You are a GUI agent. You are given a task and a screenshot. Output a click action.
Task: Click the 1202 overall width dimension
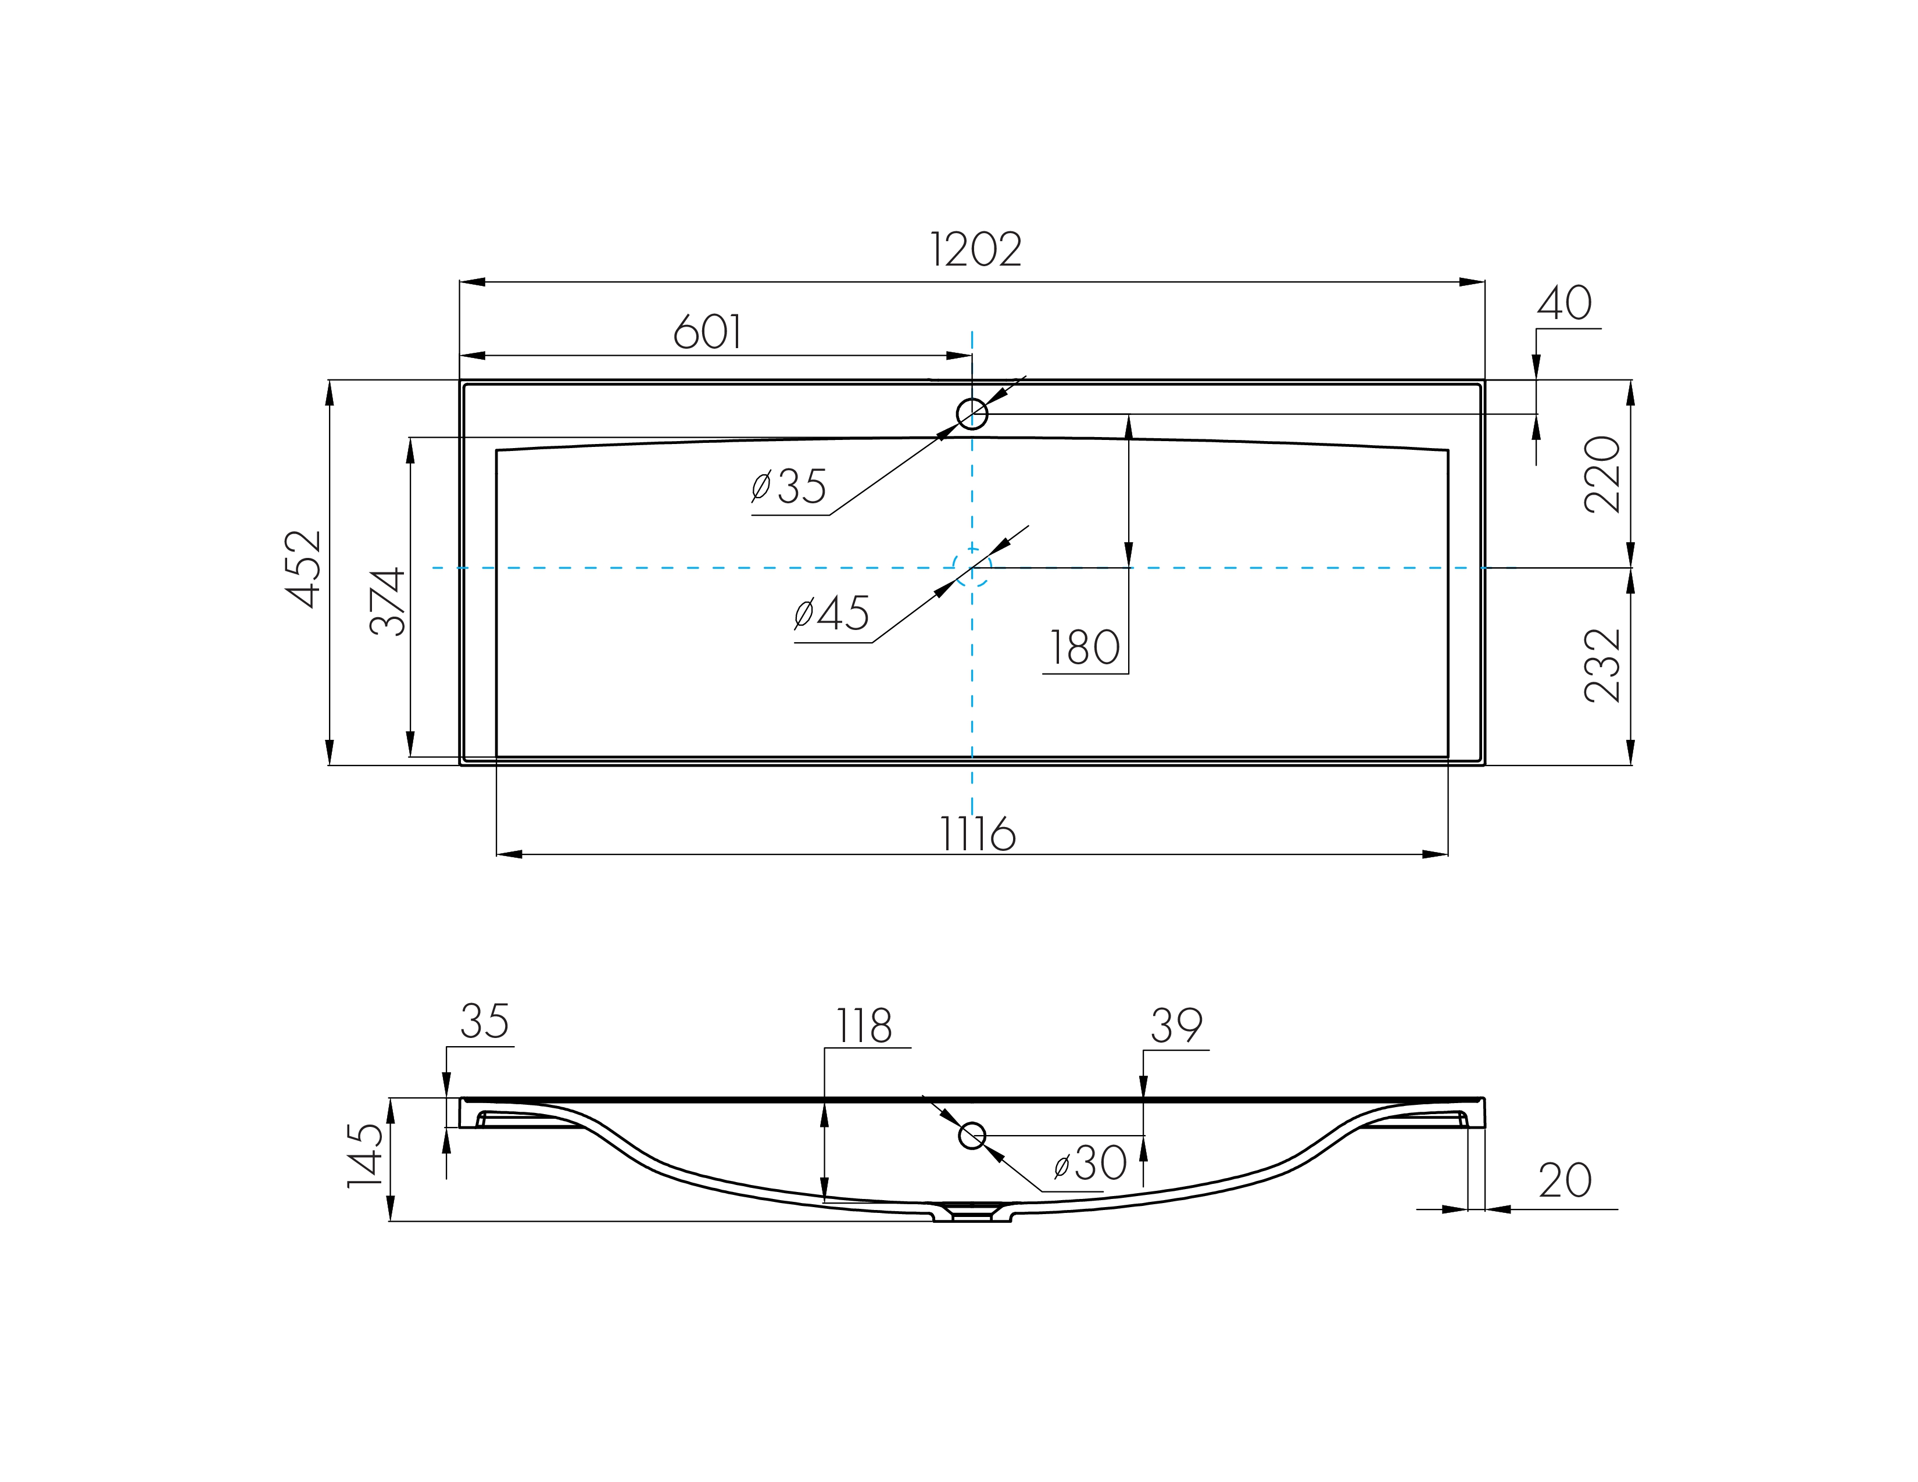(x=976, y=250)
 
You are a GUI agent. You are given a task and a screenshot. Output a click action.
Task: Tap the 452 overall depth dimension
(x=304, y=569)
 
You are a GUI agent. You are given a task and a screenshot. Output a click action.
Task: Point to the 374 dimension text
(x=387, y=602)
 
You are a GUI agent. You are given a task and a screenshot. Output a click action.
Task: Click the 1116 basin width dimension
(x=978, y=834)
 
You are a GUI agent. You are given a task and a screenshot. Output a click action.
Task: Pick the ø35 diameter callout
(x=789, y=486)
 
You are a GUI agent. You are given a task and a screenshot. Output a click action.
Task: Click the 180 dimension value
(x=1085, y=649)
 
